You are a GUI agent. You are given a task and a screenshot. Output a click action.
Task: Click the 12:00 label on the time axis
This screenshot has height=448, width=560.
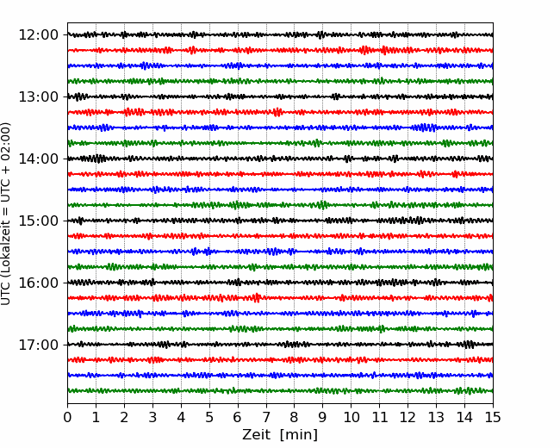[x=38, y=35]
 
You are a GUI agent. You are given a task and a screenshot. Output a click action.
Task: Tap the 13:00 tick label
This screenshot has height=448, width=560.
[x=38, y=96]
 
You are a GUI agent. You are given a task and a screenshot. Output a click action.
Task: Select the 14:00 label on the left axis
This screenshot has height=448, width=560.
[x=38, y=159]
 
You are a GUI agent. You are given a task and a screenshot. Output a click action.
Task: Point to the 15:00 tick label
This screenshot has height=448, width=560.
[x=38, y=221]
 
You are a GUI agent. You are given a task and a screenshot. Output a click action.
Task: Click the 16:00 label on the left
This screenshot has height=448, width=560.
[x=38, y=283]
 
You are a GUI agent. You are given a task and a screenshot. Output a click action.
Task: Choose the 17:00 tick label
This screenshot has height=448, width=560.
[x=38, y=345]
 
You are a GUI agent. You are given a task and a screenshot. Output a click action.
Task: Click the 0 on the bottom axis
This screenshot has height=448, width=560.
[x=67, y=417]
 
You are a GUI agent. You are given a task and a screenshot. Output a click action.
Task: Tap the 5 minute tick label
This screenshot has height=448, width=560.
[x=209, y=417]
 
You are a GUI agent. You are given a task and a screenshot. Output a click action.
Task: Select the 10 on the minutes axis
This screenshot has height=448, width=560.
[x=351, y=417]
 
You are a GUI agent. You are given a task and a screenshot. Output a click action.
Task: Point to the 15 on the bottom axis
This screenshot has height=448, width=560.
[x=493, y=417]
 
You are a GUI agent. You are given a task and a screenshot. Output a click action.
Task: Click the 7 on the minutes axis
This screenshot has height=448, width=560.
[x=266, y=417]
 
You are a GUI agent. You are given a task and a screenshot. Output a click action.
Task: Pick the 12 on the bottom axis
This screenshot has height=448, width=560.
[x=408, y=417]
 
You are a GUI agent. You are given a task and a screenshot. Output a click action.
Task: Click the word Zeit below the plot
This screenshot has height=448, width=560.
[x=256, y=434]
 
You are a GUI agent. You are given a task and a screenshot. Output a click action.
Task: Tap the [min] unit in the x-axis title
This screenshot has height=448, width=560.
[x=299, y=435]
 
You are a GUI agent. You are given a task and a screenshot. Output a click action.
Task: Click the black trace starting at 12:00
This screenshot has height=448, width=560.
[x=280, y=35]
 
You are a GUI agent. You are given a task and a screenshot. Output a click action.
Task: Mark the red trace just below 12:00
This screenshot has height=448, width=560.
[x=280, y=50]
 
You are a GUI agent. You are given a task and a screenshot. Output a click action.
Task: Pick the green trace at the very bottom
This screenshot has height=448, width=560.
[x=280, y=391]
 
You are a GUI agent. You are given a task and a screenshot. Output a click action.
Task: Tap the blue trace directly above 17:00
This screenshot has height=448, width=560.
[x=280, y=314]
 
